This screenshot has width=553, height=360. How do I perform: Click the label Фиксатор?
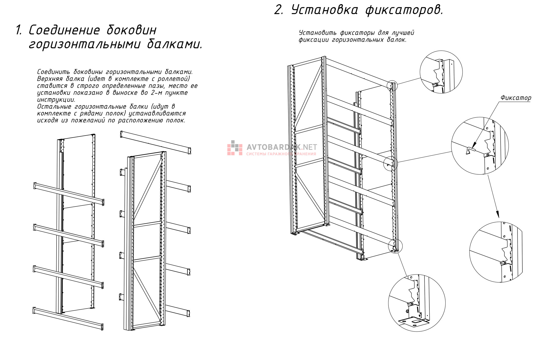tap(515, 98)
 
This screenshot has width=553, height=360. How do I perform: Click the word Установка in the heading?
tap(324, 10)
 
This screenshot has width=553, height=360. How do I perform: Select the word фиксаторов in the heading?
tap(404, 10)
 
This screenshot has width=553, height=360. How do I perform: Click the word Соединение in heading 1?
tap(64, 30)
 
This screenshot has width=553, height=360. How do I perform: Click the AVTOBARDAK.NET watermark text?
tap(282, 147)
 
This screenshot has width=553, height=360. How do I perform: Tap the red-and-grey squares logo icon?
tap(234, 148)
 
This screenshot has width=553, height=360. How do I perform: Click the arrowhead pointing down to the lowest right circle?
tap(497, 214)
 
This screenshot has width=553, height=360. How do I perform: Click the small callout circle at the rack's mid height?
tap(391, 163)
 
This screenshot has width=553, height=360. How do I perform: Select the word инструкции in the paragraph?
tap(56, 100)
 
